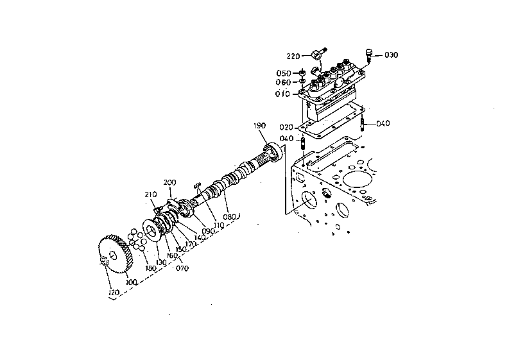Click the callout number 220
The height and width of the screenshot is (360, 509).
point(293,56)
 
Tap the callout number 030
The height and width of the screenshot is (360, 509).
point(391,55)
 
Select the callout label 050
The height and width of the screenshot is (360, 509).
point(284,73)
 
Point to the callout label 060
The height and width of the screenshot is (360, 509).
point(283,82)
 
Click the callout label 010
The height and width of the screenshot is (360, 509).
point(282,94)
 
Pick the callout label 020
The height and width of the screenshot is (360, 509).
point(286,127)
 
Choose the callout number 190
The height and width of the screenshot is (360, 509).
point(260,126)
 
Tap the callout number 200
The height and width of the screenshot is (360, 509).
point(170,182)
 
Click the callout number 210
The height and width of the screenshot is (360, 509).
point(151,194)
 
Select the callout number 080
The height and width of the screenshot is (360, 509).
point(229,217)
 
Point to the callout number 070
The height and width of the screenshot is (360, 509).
point(182,268)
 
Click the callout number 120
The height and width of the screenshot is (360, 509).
point(114,293)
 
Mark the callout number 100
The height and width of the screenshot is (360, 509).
point(131,282)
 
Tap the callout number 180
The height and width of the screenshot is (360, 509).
point(151,268)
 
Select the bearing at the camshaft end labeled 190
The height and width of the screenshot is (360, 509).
point(273,152)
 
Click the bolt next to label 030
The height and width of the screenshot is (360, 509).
point(368,55)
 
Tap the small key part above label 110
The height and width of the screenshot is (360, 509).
point(197,185)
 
